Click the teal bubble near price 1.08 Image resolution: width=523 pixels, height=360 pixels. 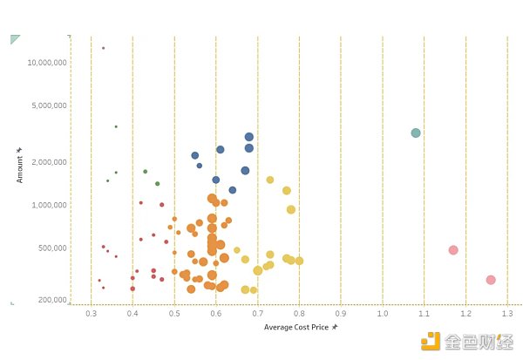tap(416, 133)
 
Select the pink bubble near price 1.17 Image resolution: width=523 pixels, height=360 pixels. tap(453, 250)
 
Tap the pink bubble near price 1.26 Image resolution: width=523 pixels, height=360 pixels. tap(491, 280)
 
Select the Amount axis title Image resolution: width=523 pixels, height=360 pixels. tap(20, 165)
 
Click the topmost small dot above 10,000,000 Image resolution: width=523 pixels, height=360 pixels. tap(103, 48)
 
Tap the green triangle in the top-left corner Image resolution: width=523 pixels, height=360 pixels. tap(14, 39)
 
